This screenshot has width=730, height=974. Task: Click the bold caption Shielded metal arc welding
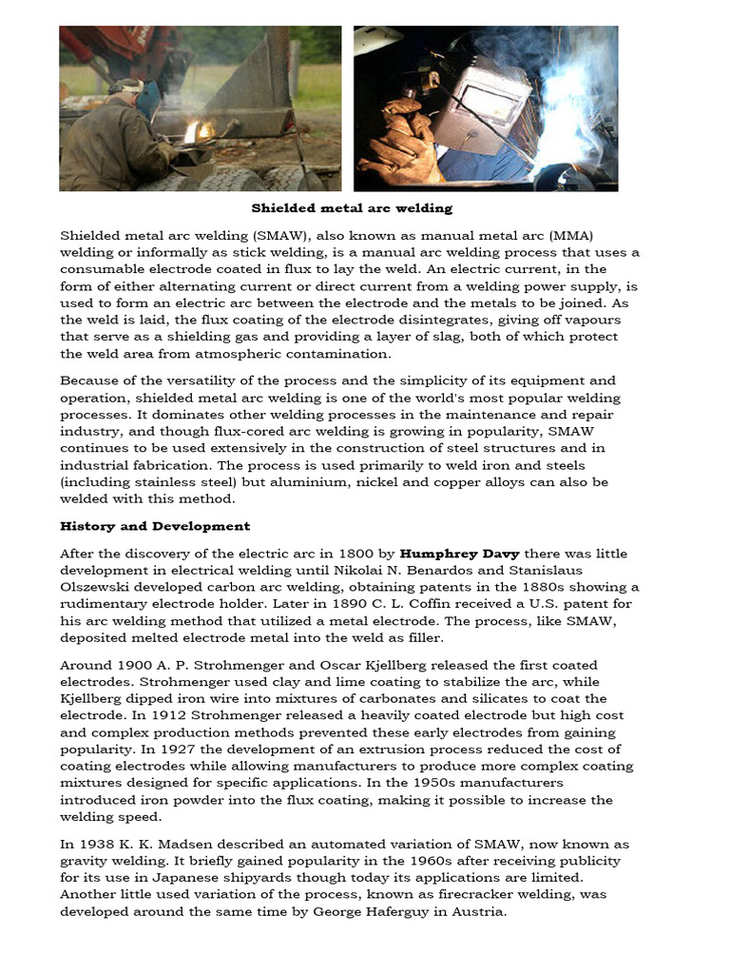point(352,207)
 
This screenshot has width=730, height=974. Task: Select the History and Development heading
point(155,526)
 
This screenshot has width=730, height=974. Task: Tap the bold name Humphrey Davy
point(452,554)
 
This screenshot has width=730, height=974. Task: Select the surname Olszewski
point(99,587)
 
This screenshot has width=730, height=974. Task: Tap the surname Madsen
point(173,844)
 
